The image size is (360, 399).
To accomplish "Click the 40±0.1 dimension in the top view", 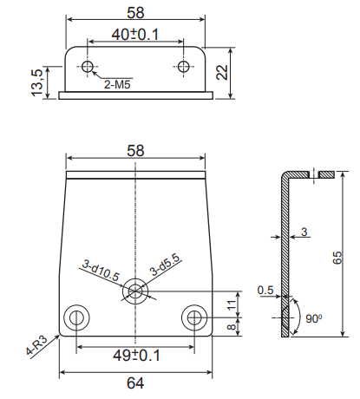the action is click(135, 35).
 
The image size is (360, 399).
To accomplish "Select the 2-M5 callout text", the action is click(117, 85).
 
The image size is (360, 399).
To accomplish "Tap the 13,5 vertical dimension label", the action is click(37, 82).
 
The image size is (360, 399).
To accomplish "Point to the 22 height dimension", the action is click(222, 72).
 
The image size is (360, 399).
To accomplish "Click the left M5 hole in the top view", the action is click(87, 67).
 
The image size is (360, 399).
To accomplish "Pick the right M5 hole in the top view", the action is click(183, 67).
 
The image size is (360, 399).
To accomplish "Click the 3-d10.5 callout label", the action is click(101, 271).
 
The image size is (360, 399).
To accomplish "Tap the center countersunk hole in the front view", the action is click(135, 291).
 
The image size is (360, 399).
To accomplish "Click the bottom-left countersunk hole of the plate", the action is click(76, 317).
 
